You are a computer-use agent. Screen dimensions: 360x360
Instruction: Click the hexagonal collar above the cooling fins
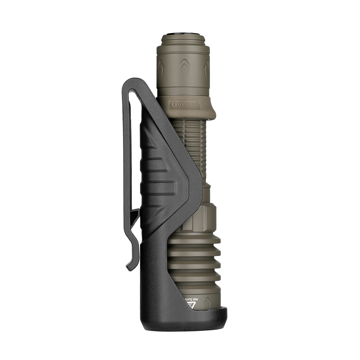[x=202, y=218]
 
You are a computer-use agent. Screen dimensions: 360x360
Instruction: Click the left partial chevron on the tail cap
[x=160, y=67]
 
